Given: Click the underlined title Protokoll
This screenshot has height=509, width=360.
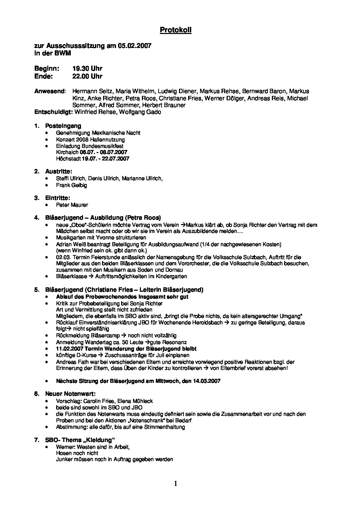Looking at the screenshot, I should (x=176, y=30).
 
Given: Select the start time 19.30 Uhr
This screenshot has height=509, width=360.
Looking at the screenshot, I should (x=87, y=69).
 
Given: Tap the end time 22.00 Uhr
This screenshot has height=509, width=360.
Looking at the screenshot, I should (x=87, y=76).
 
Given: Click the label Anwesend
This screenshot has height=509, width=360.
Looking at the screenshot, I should (x=50, y=91).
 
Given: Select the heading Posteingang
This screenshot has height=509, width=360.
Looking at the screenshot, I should (x=63, y=126).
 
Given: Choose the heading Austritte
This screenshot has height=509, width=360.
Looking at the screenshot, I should (x=59, y=171).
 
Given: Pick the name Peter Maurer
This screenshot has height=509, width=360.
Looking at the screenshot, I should (x=72, y=205).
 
